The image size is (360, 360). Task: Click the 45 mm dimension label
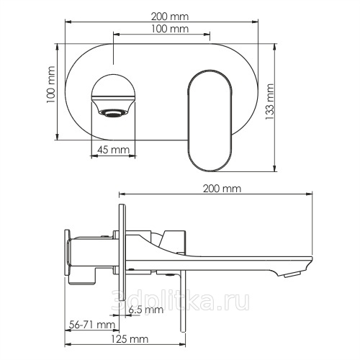[113, 150]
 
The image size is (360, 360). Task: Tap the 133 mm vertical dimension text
[270, 102]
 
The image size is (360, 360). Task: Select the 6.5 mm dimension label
[146, 310]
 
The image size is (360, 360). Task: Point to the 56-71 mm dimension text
[92, 325]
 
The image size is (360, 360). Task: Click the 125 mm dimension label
[130, 339]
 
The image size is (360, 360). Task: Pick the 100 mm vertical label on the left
[51, 84]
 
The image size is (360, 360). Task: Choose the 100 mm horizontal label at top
[170, 29]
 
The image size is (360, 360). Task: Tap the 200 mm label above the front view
[170, 17]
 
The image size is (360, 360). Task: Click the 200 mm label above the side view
[222, 189]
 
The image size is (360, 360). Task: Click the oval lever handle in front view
[210, 120]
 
